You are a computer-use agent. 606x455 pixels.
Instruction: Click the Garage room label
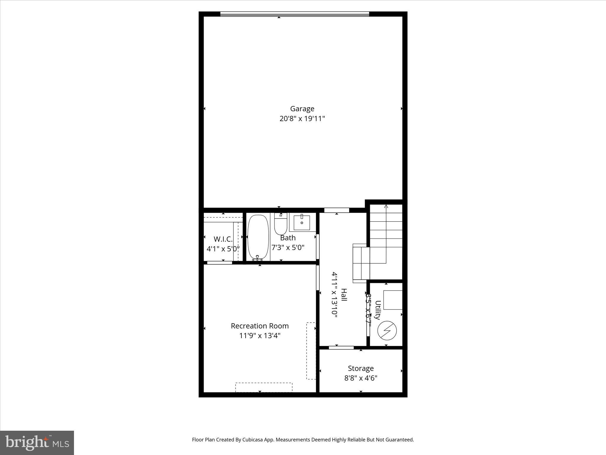tap(302, 109)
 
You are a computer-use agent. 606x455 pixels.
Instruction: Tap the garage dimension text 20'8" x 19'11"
tap(302, 119)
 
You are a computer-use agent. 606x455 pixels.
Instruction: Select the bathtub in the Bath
tap(258, 238)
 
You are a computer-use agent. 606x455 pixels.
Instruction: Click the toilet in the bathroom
tap(281, 224)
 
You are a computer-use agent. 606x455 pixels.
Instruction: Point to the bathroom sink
tap(302, 223)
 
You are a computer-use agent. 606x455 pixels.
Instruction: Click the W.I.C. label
tap(223, 239)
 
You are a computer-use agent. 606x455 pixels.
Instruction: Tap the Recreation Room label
tap(260, 326)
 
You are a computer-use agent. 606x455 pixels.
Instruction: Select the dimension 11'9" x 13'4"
tap(260, 336)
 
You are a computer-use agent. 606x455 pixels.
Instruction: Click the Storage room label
tap(361, 368)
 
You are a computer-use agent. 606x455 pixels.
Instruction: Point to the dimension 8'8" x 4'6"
tap(361, 378)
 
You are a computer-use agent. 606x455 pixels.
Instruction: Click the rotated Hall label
tap(344, 295)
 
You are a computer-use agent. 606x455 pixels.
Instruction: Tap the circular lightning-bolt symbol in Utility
tap(387, 330)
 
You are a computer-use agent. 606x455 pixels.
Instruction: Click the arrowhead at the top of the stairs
tap(386, 206)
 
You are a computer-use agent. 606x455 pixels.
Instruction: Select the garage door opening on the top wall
tap(295, 14)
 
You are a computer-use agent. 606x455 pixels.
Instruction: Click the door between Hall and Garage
tap(337, 210)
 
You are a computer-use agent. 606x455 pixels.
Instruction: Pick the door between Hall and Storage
tap(341, 347)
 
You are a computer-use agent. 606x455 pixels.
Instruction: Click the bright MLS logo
tap(37, 443)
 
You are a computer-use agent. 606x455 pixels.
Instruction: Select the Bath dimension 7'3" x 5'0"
tap(288, 247)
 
